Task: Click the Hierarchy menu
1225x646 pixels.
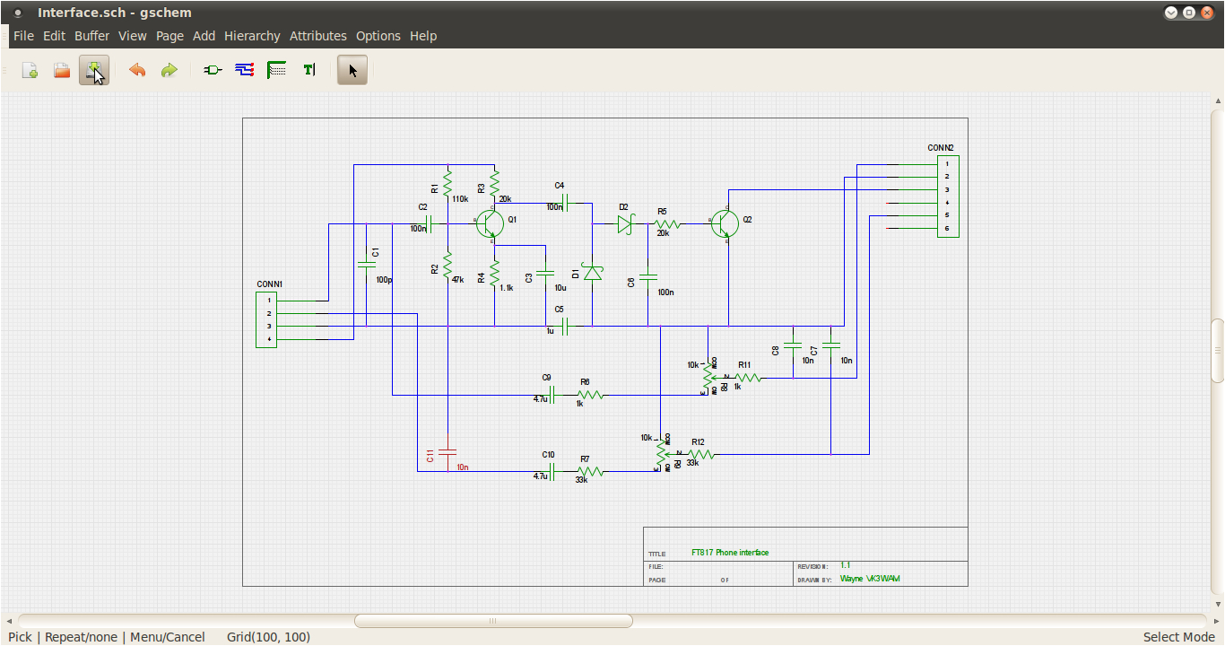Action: coord(252,36)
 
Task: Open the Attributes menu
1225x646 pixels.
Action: coord(317,36)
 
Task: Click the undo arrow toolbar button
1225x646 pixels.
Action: coord(137,70)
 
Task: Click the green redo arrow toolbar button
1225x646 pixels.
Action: coord(169,70)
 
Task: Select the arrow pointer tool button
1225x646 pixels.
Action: coord(352,70)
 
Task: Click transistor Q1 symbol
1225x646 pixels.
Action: coord(490,223)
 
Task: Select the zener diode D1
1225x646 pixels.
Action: coord(592,271)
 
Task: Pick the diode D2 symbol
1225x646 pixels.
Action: coord(626,224)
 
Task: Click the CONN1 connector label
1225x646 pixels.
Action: coord(269,284)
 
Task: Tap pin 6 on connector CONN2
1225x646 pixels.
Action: coord(947,229)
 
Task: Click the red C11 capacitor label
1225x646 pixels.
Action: coord(430,456)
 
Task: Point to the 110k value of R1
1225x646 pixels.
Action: coord(460,199)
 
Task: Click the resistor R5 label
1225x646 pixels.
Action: coord(662,211)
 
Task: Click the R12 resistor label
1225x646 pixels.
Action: coord(698,441)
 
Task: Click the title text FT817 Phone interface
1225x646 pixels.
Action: coord(730,553)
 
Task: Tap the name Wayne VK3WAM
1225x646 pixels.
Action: coord(870,579)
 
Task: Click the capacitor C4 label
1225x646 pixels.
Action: coord(559,186)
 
